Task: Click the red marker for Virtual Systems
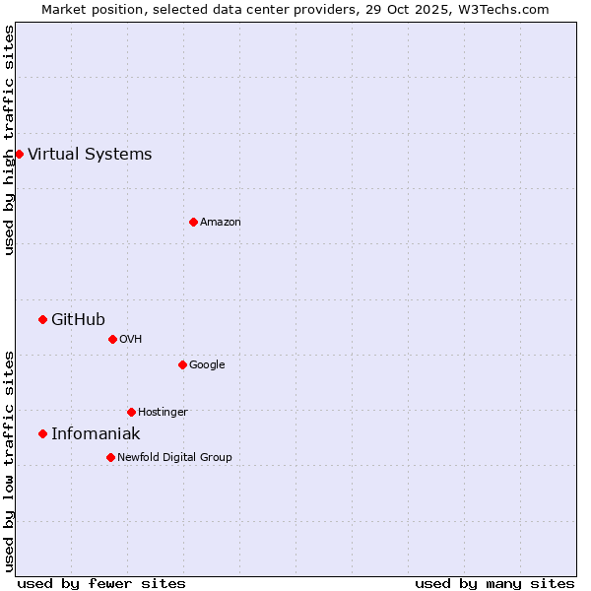[x=19, y=154]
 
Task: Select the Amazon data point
[x=193, y=222]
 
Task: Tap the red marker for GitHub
[x=42, y=319]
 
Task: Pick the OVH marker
[x=112, y=339]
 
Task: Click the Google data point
[x=182, y=364]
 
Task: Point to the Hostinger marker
[x=131, y=412]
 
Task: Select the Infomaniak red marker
[x=42, y=433]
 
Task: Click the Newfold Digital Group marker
[x=110, y=457]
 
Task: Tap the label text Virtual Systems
[x=90, y=154]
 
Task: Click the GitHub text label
[x=78, y=319]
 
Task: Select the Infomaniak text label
[x=96, y=433]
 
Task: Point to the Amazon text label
[x=221, y=222]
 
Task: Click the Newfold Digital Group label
[x=174, y=457]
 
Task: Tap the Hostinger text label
[x=163, y=412]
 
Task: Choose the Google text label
[x=207, y=364]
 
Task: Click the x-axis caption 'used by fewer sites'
[x=101, y=583]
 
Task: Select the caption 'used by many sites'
[x=494, y=583]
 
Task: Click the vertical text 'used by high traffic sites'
[x=9, y=140]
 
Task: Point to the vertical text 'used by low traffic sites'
[x=9, y=460]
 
